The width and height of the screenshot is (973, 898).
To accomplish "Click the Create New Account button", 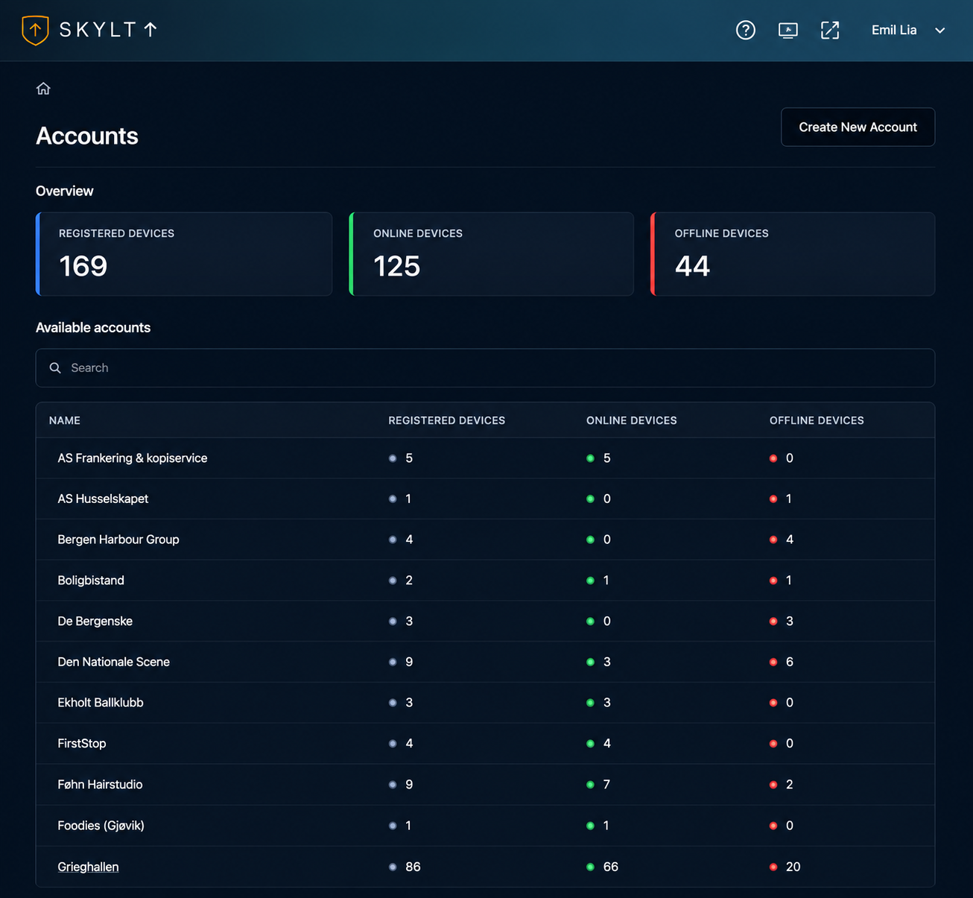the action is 858,127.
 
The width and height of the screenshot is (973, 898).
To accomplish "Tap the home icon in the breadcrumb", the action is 43,89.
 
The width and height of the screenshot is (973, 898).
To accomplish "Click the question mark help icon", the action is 745,31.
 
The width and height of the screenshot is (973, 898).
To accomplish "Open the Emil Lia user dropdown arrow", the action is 939,31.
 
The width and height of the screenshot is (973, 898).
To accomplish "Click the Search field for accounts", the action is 485,367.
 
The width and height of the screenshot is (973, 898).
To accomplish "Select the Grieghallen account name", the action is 88,866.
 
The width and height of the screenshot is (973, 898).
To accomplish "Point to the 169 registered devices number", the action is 83,266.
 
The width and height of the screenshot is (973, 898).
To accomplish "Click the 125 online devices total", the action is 397,266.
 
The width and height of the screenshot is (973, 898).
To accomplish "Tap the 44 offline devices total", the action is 692,266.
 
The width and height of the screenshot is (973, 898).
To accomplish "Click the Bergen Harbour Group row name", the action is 118,540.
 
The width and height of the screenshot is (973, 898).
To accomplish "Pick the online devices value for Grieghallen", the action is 610,867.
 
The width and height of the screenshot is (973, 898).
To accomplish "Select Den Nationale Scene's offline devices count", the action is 789,662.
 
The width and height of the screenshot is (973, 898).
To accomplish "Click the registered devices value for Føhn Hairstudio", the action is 409,784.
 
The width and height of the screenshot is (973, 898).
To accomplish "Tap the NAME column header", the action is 65,420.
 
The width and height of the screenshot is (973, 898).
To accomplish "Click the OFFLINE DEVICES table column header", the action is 817,420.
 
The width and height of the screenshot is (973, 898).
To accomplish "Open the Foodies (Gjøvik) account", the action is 101,826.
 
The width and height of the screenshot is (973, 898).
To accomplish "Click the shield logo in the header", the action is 35,30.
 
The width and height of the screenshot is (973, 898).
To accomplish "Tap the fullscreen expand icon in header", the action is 830,31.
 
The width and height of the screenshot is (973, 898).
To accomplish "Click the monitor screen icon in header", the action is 787,31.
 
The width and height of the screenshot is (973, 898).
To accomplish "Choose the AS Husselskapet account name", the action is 103,499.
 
